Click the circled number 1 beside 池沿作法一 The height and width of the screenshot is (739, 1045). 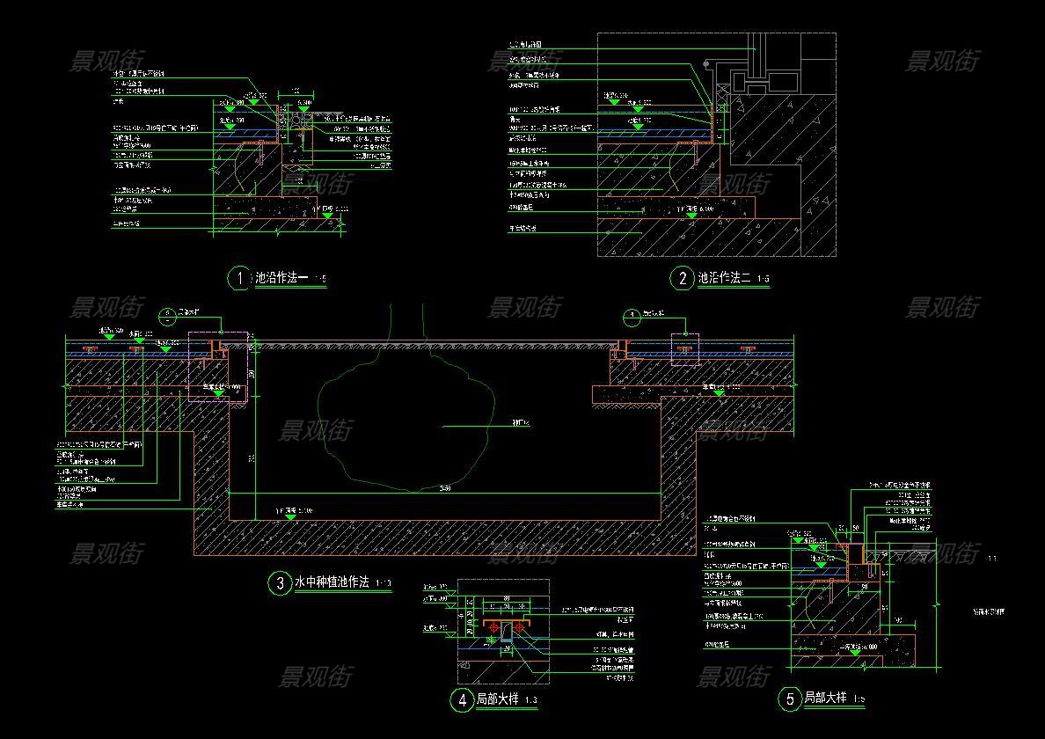238,279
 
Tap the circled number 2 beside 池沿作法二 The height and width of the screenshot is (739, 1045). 683,279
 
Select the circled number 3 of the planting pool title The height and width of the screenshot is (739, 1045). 280,582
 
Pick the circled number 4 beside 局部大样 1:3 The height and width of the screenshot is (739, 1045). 462,700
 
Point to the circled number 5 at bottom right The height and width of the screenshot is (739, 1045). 790,699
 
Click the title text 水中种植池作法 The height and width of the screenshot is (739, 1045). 331,582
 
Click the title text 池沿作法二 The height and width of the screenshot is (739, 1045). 724,279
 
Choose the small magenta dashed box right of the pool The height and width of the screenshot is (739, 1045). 684,348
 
